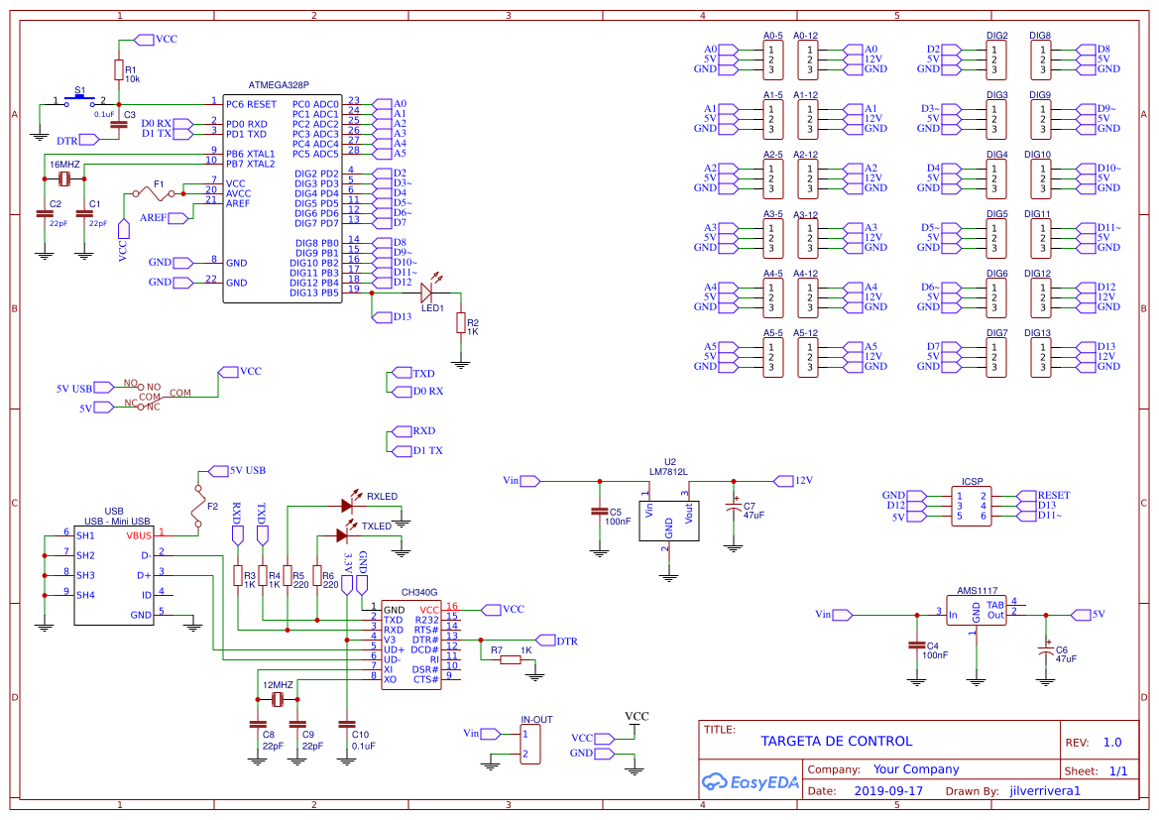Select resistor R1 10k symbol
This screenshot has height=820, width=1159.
click(119, 70)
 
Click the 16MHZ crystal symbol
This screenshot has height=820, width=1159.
click(64, 178)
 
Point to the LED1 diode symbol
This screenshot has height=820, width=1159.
click(428, 293)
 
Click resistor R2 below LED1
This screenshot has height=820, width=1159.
click(460, 323)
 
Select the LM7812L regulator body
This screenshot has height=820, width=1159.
click(668, 512)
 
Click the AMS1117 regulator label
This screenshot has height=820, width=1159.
click(977, 588)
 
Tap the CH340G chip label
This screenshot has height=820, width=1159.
click(418, 592)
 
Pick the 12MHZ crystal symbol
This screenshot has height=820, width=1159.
click(277, 700)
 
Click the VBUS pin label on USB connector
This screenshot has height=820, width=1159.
click(139, 535)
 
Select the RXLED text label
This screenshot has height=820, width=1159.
click(382, 496)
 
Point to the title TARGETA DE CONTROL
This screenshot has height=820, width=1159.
click(836, 741)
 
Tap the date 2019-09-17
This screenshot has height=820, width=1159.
click(887, 791)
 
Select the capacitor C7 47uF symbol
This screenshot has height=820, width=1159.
click(734, 507)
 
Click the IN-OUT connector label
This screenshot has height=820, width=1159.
click(536, 719)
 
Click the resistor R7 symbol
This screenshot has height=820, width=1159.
click(506, 659)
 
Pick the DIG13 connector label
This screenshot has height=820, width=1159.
click(1037, 333)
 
